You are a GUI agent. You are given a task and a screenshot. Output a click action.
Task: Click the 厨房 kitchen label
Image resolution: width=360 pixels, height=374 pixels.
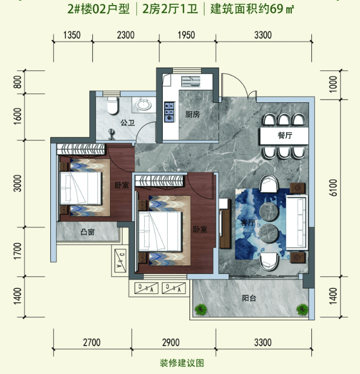pos(192,115)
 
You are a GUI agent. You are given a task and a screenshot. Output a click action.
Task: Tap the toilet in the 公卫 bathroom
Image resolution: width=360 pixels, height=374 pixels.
pos(112,105)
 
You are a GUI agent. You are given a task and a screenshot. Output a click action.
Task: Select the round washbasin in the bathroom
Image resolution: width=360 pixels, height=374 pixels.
pos(144,105)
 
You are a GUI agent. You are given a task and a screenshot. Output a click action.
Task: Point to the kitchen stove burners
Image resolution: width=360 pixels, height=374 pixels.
pos(169,112)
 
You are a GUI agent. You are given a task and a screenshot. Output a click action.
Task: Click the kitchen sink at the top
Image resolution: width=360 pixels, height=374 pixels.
pos(191,81)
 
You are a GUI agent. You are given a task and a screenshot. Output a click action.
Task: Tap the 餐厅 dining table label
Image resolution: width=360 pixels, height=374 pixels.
pos(285,135)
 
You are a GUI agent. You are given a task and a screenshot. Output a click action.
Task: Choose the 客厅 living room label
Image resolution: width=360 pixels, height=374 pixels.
pos(248,222)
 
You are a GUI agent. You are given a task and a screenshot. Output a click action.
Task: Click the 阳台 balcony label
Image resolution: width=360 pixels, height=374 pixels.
pos(249,298)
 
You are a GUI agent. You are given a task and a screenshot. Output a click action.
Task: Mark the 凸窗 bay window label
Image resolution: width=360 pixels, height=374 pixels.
pos(88,232)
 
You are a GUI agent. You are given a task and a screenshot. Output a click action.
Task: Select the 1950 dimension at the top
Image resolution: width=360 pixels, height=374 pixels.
pos(186,35)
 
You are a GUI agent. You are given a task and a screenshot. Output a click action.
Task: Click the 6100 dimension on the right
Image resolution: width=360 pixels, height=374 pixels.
pos(333,188)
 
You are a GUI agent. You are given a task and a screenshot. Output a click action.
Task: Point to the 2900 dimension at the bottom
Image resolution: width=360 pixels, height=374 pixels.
pos(171,343)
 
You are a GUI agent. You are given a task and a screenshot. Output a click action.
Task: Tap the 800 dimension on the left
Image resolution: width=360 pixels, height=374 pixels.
pos(18,82)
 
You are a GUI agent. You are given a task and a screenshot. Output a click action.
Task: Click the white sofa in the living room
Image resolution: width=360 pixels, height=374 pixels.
pos(297,222)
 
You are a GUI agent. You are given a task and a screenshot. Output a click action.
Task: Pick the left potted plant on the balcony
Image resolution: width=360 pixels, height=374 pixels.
pos(201,310)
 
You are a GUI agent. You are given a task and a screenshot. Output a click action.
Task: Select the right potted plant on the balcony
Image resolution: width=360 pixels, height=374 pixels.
pos(302,309)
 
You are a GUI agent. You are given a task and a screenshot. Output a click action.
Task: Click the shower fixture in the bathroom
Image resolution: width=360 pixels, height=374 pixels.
pos(111,134)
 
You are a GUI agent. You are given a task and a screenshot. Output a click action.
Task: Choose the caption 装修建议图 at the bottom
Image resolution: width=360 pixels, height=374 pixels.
pos(182,363)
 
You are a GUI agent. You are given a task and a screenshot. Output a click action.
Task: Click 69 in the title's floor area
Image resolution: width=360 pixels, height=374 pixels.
pos(277,9)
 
